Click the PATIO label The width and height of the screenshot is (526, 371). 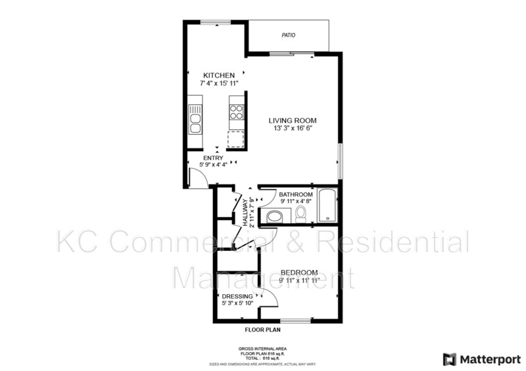click(x=288, y=35)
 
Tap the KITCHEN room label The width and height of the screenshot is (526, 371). click(x=219, y=76)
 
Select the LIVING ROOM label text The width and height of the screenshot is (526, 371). click(x=293, y=121)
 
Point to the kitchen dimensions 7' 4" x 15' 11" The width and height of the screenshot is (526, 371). click(x=219, y=84)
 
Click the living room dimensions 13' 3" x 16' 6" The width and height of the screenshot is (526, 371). click(x=293, y=129)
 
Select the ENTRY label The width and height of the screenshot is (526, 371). click(x=213, y=158)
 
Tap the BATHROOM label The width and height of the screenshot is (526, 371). click(x=295, y=195)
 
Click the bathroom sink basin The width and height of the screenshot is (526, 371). click(x=275, y=216)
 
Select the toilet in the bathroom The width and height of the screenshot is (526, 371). click(x=301, y=213)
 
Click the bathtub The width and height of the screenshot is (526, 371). click(x=327, y=206)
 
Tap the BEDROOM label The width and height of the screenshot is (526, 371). click(x=299, y=273)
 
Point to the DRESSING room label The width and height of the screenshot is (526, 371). click(x=237, y=296)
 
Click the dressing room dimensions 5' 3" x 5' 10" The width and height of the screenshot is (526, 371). click(x=237, y=303)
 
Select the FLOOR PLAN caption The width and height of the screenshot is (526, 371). click(x=262, y=330)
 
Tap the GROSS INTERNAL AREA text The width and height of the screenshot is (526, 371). click(x=262, y=349)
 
